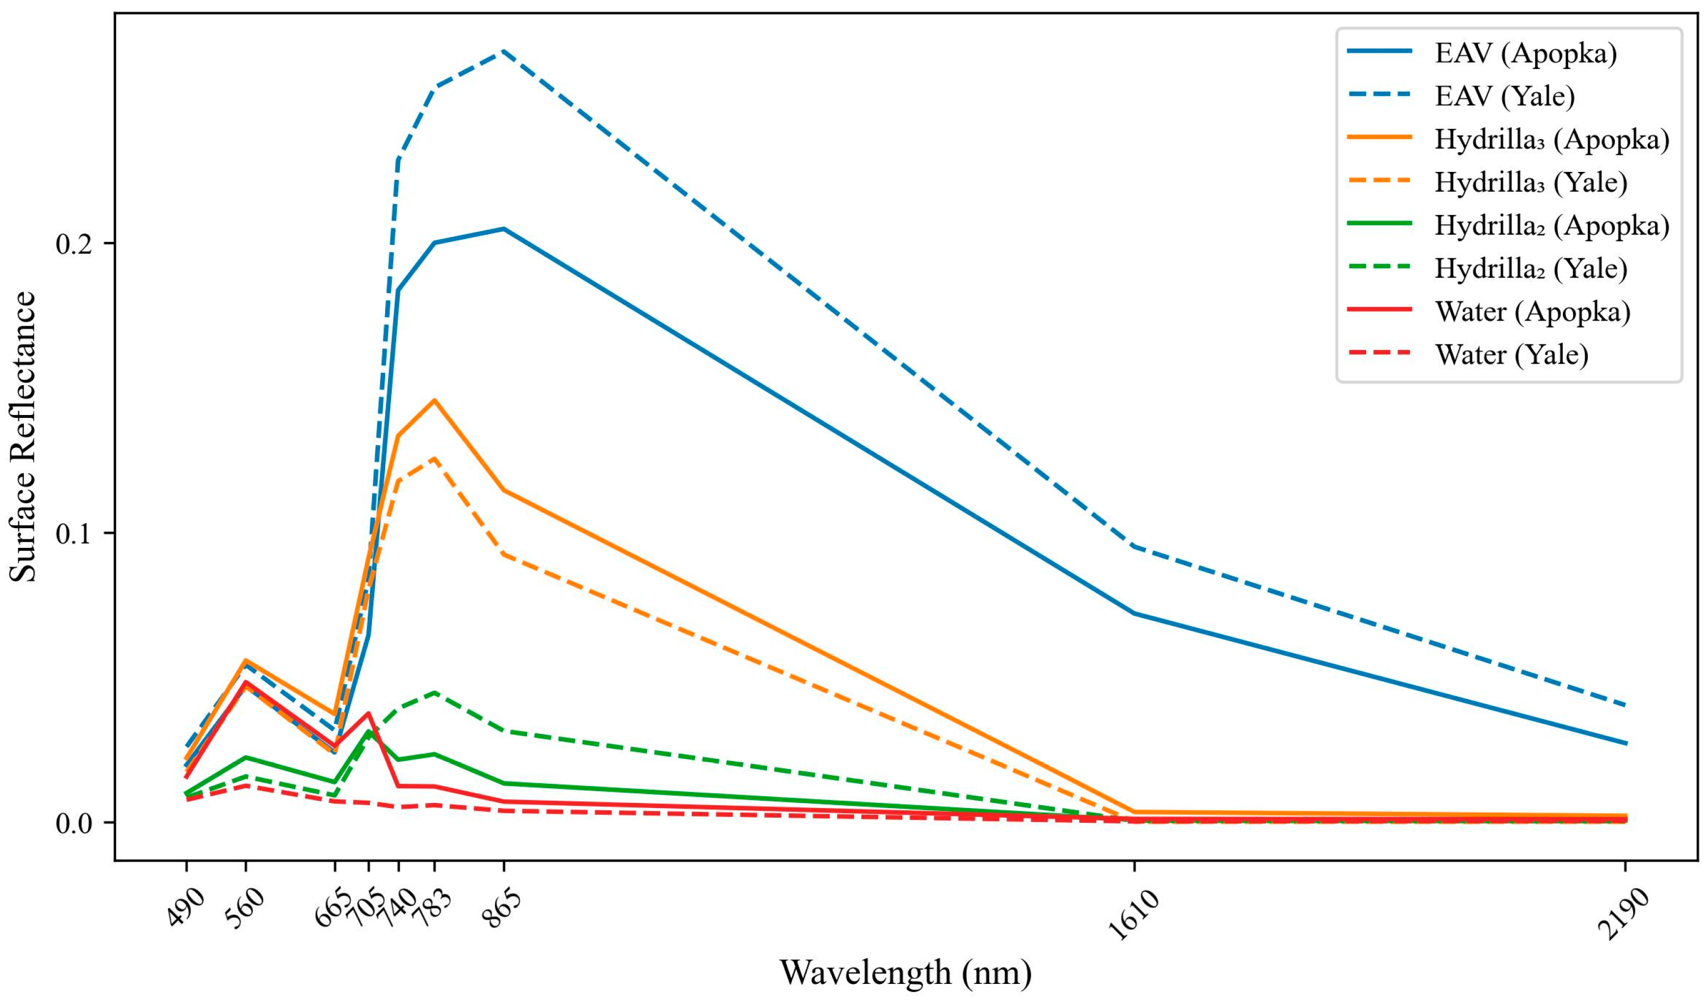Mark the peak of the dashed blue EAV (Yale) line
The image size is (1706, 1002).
503,51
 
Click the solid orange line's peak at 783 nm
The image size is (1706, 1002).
434,400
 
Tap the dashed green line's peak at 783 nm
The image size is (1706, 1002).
434,692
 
